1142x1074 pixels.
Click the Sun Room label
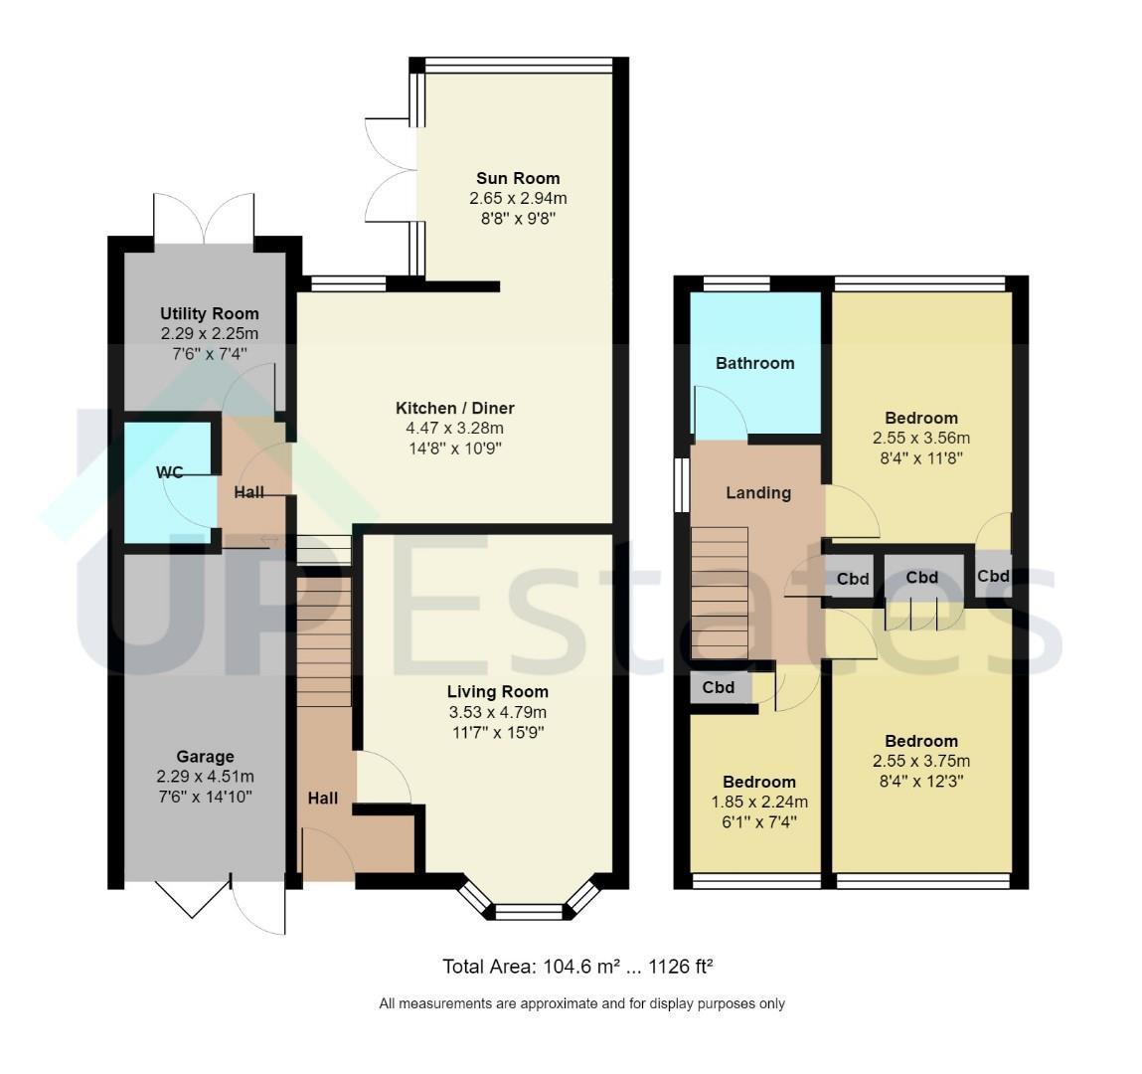pos(518,179)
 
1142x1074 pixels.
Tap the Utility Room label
pos(210,314)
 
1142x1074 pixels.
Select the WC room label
pos(170,473)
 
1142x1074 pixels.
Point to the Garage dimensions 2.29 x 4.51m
pos(206,777)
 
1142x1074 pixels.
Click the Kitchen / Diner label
pos(455,408)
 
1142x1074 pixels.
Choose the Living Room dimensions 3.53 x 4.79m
pos(498,712)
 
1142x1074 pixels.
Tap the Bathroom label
pos(755,364)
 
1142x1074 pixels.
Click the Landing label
pos(758,493)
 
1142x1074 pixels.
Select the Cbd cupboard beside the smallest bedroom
pos(719,688)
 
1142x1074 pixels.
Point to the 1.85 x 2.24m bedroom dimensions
pos(759,803)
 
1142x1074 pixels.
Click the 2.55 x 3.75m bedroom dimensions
pos(921,762)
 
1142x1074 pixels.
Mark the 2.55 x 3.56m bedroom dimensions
pos(921,439)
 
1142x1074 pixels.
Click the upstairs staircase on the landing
pos(720,593)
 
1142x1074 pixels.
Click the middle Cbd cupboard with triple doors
pos(922,578)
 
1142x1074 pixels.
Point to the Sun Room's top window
pos(519,65)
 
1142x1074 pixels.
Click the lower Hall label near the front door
pos(323,799)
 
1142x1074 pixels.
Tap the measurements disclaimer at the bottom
pos(581,1004)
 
